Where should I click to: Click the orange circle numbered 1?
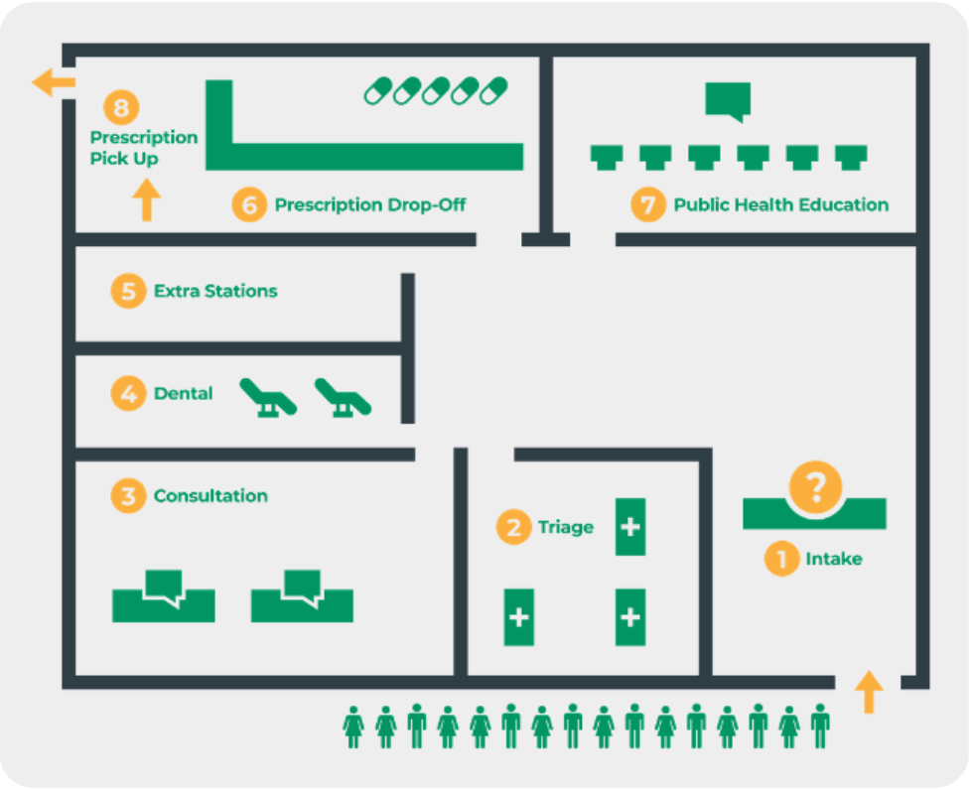click(781, 559)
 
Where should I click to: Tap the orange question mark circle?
click(815, 487)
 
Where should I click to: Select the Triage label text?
click(565, 527)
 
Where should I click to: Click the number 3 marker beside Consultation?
click(128, 495)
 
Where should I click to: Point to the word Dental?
click(184, 394)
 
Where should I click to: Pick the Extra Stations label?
click(215, 292)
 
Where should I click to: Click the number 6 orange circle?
click(249, 205)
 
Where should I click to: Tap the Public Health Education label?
click(780, 205)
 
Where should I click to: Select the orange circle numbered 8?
click(121, 107)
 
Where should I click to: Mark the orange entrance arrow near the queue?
click(869, 692)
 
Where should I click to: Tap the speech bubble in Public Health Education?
click(728, 101)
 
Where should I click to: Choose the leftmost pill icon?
click(378, 91)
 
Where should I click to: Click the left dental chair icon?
click(269, 397)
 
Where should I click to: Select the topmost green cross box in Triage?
click(630, 527)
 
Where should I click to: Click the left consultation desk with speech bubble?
click(164, 596)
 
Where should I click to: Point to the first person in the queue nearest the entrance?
click(819, 726)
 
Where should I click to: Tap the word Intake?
click(833, 559)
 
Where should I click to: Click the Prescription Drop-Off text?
click(369, 205)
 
